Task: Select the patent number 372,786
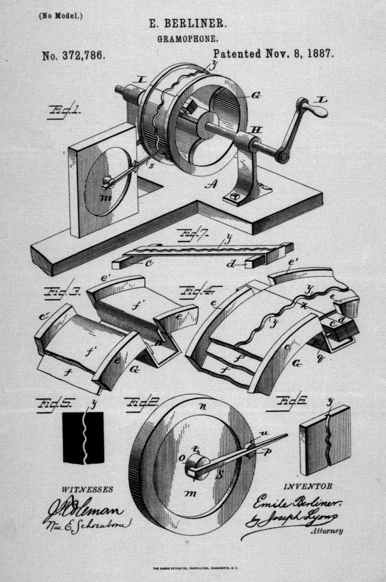tap(73, 55)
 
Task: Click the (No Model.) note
tap(61, 15)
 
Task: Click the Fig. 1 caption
tap(65, 111)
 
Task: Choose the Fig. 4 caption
tap(199, 291)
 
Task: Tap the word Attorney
tap(327, 531)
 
